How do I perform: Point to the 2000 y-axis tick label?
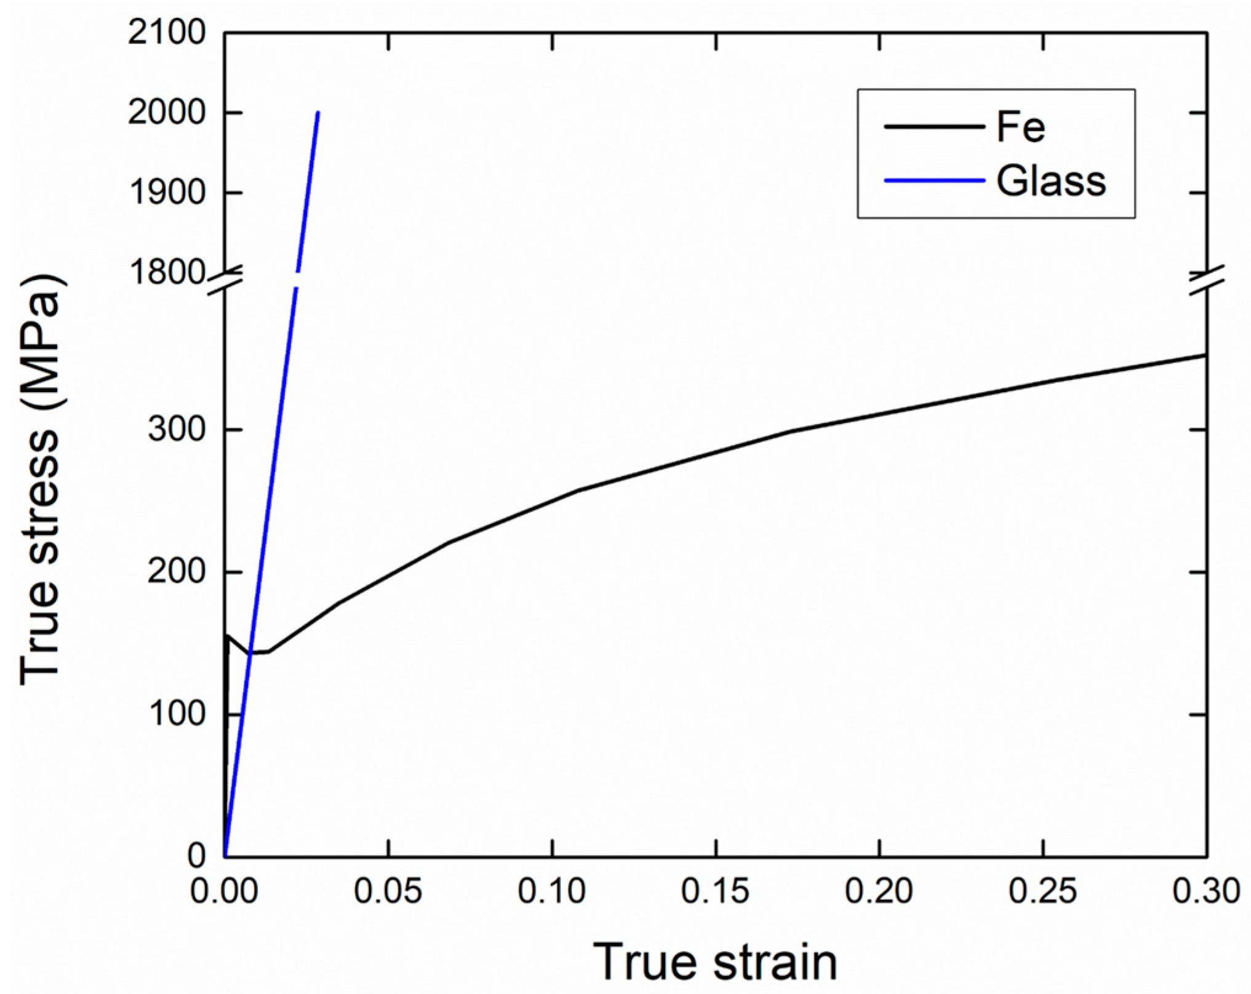pos(166,113)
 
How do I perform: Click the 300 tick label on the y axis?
pos(176,429)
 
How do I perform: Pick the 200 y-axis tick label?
pos(176,572)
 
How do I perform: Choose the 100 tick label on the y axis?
pos(177,714)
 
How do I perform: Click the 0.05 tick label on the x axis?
pos(388,891)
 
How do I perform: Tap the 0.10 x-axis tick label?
pos(552,891)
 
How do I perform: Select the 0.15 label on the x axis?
pos(716,891)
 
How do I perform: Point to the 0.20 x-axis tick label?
pos(879,891)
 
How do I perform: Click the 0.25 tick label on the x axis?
pos(1043,891)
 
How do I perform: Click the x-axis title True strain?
pos(715,962)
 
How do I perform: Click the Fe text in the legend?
pos(1021,127)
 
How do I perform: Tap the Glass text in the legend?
pos(1051,181)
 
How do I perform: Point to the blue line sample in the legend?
pos(934,181)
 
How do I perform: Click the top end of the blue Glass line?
pos(318,113)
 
